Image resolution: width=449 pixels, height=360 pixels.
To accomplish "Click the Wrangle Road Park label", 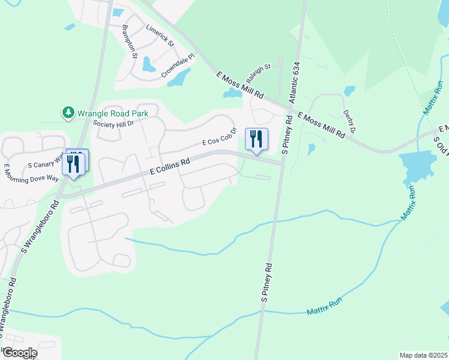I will (109, 112).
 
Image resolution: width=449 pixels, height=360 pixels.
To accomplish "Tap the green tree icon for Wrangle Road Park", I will (68, 112).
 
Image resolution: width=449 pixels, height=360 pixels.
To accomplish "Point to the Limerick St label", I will (160, 36).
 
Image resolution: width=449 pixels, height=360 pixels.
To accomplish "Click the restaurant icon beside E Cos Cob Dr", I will (257, 140).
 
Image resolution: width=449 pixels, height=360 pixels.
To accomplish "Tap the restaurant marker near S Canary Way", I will (75, 164).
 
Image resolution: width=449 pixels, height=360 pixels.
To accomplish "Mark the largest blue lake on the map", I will (418, 164).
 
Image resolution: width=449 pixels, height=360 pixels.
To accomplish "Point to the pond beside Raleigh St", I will (232, 93).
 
